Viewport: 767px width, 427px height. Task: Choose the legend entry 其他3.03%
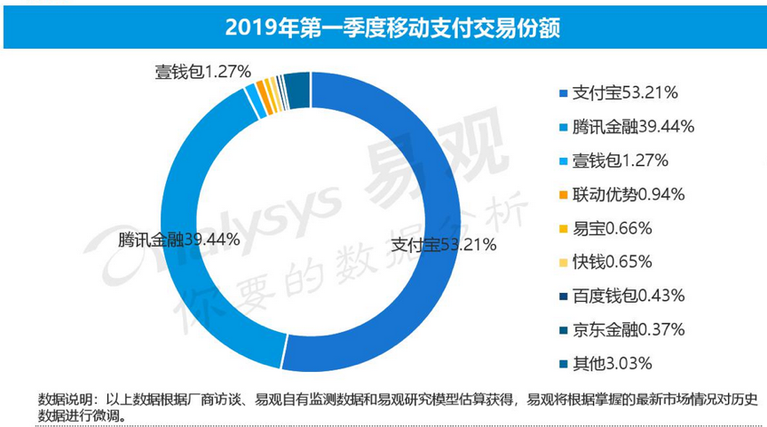click(607, 362)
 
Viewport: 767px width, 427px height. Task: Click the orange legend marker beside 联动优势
click(562, 194)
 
